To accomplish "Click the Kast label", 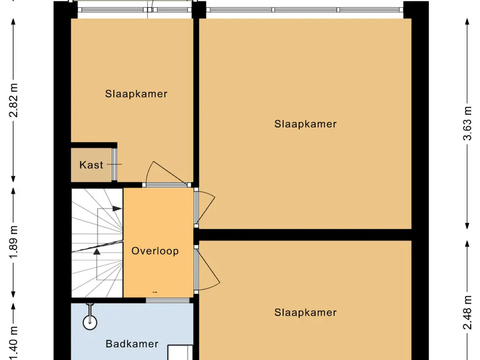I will [91, 165].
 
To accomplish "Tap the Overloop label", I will [155, 251].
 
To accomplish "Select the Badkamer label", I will [132, 344].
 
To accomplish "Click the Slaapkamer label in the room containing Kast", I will [136, 94].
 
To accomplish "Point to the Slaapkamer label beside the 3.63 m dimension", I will [306, 124].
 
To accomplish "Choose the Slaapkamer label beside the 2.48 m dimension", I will [306, 313].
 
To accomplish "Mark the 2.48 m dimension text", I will [467, 313].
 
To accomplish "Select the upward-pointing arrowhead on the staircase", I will [97, 251].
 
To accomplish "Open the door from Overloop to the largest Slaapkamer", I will [204, 207].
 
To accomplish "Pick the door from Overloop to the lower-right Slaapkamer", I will [206, 269].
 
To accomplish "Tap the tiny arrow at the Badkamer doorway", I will [155, 292].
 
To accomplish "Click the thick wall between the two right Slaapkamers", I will [305, 234].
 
